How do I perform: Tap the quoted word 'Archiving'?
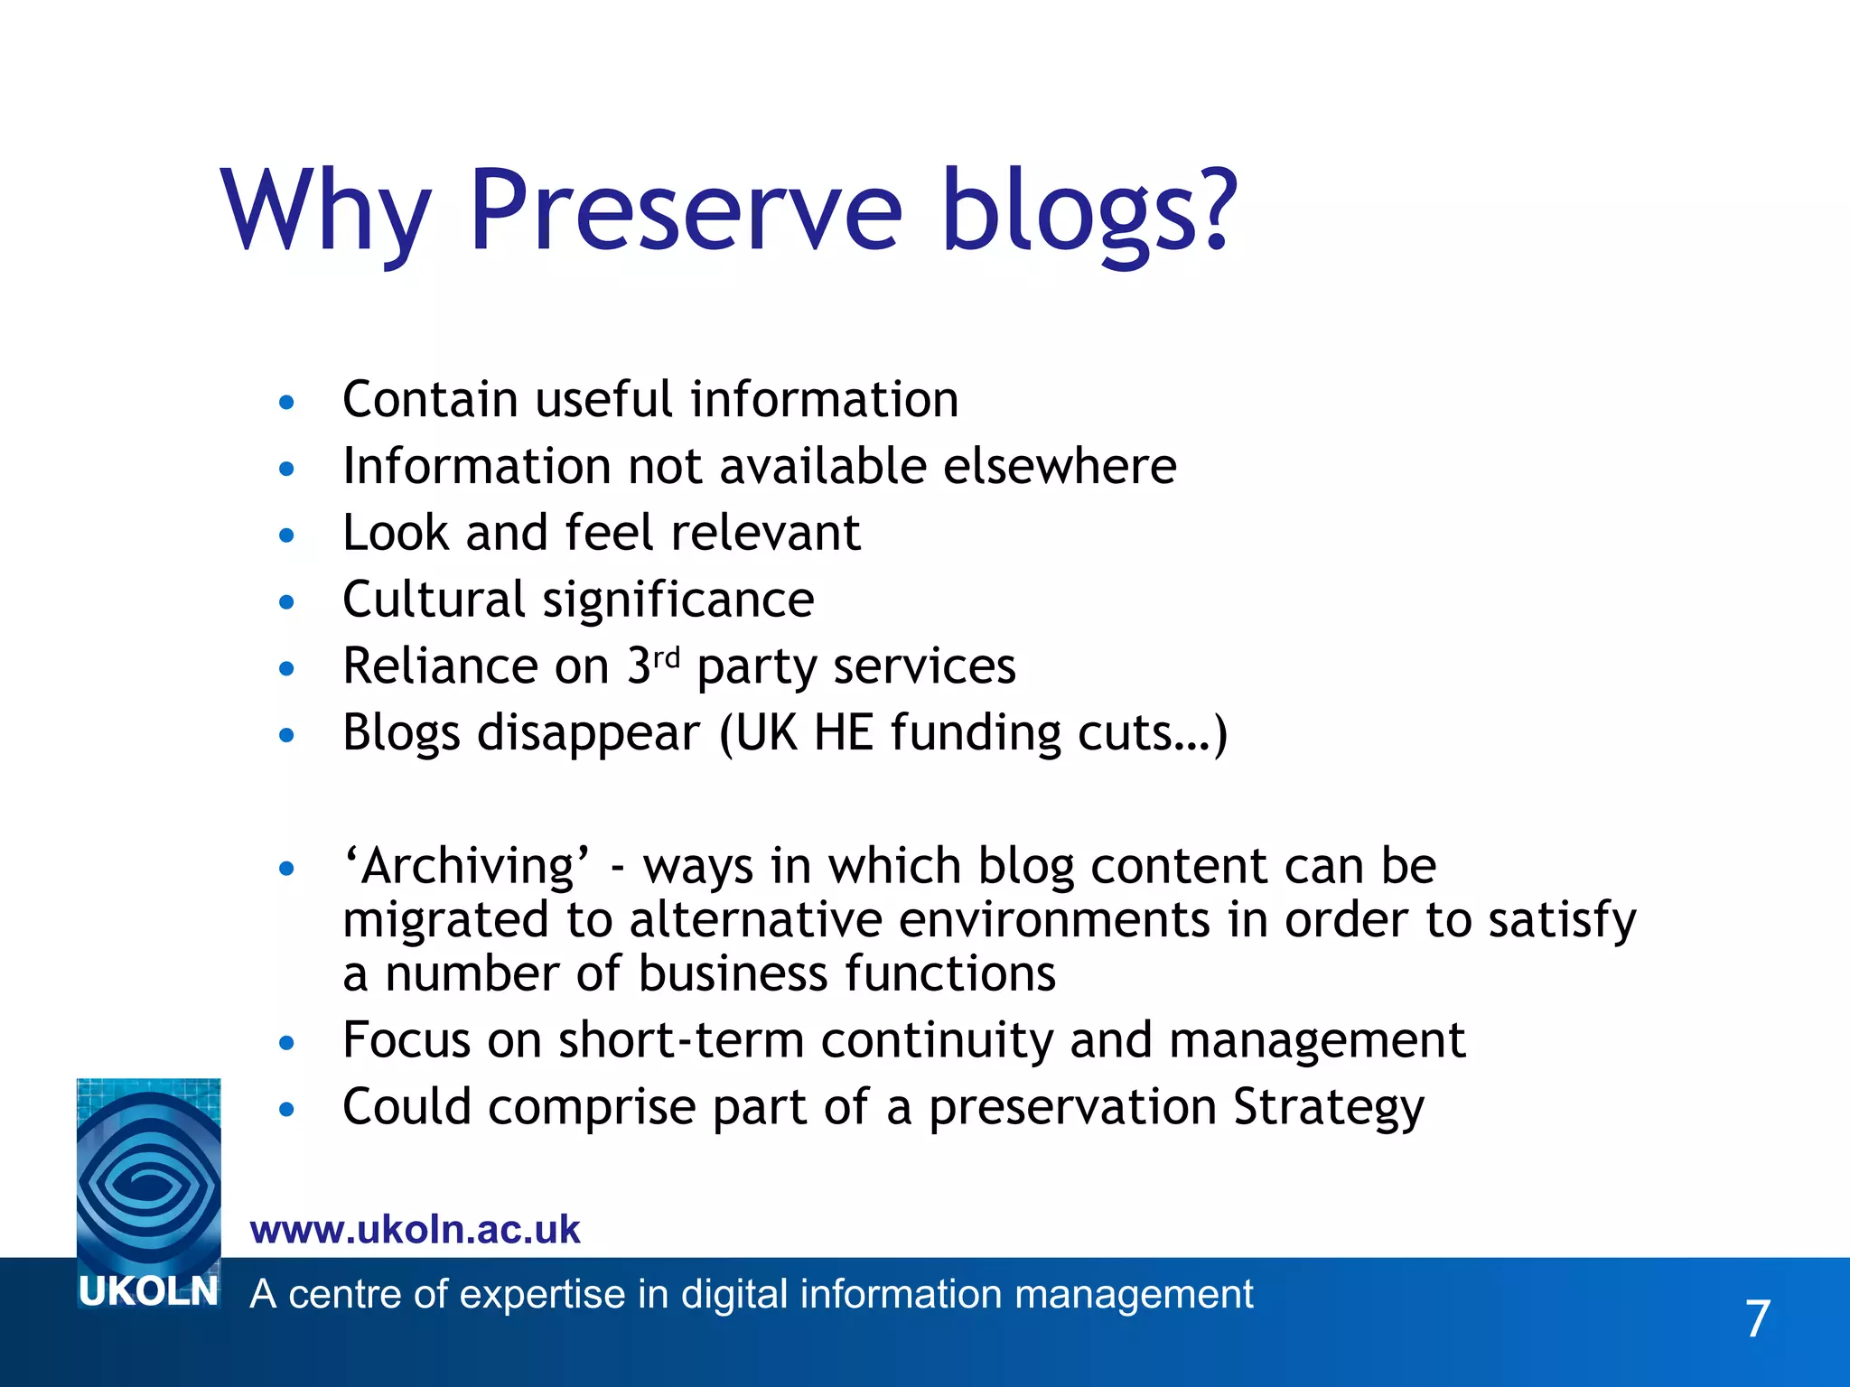[x=466, y=866]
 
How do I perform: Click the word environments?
[x=1054, y=920]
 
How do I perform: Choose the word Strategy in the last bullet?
[x=1329, y=1107]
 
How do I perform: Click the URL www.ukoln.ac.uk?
[x=415, y=1230]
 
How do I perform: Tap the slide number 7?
[x=1757, y=1319]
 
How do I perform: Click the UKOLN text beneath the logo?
[x=148, y=1292]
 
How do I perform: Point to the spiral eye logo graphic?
[x=148, y=1174]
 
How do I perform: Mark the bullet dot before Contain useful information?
[x=287, y=402]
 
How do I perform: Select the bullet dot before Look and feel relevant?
[x=287, y=535]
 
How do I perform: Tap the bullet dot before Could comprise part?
[x=287, y=1109]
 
